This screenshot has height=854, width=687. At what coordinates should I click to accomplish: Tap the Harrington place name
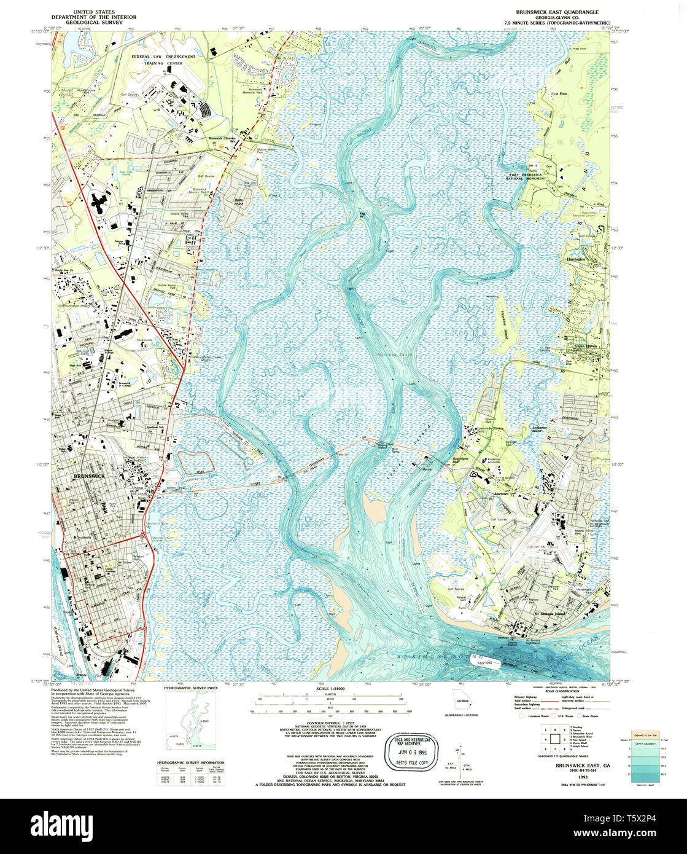coord(577,259)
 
